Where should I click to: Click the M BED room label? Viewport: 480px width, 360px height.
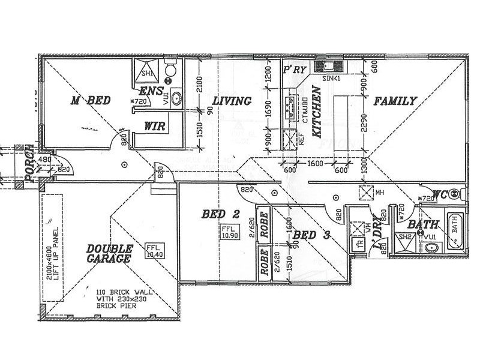[90, 101]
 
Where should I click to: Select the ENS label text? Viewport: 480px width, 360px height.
[151, 92]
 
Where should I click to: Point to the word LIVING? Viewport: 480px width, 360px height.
[232, 101]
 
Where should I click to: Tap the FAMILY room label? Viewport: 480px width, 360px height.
[395, 101]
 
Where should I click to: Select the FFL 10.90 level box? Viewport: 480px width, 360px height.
[228, 233]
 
